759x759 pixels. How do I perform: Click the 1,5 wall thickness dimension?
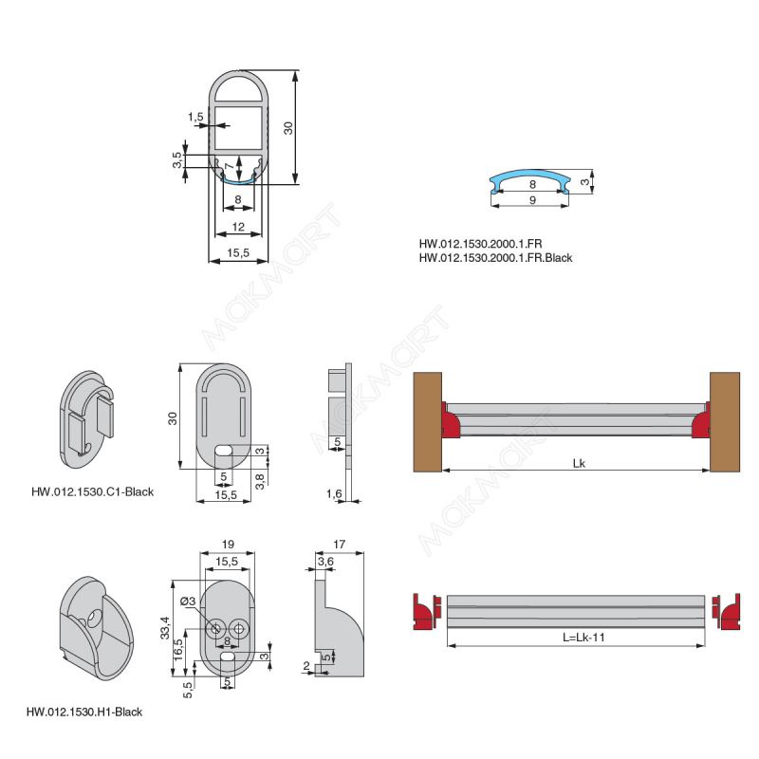195,117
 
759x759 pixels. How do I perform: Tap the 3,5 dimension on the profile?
177,160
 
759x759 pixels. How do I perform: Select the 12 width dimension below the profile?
238,227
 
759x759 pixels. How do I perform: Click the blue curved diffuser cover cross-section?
530,180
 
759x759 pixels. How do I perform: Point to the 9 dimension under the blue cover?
532,200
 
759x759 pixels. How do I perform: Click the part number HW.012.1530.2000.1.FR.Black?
495,258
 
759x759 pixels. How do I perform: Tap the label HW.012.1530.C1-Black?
92,491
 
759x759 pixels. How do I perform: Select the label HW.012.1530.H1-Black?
84,713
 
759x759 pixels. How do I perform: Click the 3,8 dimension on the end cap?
260,481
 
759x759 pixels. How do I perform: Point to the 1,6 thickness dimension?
334,493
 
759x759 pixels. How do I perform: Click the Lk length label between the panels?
579,463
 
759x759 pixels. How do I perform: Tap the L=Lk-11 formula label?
583,637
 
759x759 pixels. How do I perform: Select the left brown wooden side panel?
428,421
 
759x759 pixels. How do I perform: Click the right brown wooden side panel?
725,421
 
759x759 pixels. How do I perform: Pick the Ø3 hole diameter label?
188,602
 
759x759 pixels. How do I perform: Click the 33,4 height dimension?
165,628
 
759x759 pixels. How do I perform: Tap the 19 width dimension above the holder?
228,545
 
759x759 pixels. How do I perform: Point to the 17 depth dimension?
340,545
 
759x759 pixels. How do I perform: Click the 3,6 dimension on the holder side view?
325,562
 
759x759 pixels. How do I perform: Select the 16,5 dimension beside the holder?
178,650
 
